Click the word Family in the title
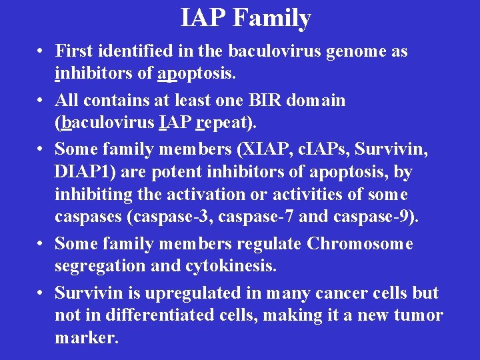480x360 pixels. tap(272, 17)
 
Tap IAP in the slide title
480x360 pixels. tap(204, 17)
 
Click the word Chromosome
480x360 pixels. tap(360, 243)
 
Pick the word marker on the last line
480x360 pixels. tap(85, 337)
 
